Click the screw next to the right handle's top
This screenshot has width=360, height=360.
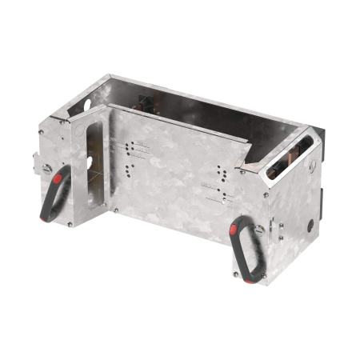click(x=259, y=229)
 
